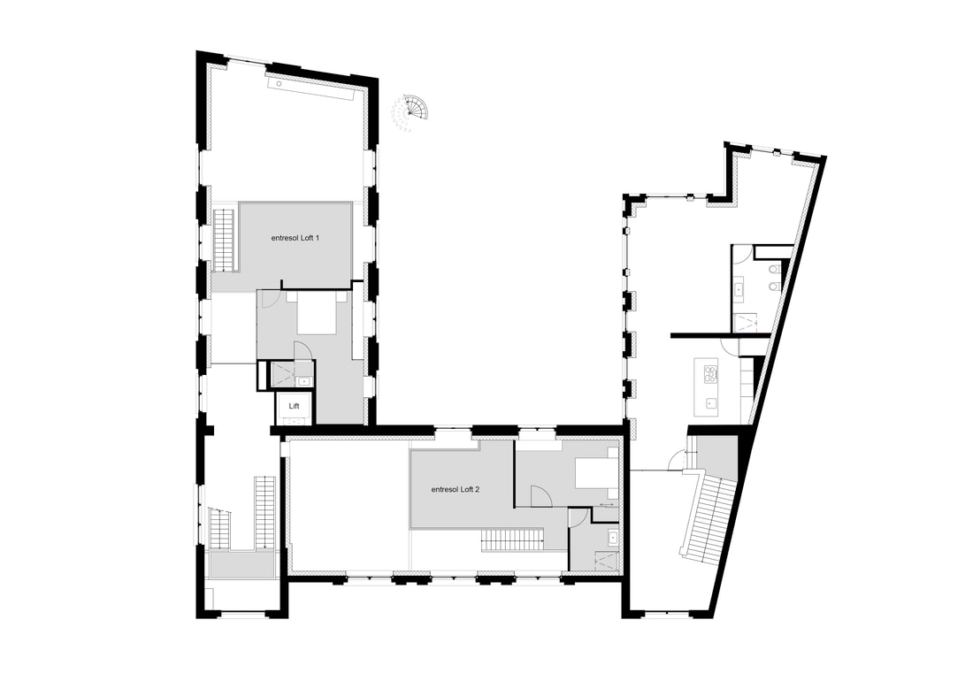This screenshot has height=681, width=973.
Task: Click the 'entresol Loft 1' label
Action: click(295, 238)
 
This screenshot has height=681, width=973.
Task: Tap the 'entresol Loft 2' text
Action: click(456, 489)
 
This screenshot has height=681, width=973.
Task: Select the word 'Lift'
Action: click(295, 406)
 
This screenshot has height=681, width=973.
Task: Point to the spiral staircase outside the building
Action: click(410, 113)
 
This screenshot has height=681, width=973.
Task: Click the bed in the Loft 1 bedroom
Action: click(317, 314)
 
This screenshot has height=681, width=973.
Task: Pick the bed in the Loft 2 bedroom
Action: click(596, 473)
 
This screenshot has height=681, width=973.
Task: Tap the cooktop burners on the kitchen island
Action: click(709, 372)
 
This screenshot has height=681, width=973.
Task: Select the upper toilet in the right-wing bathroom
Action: click(773, 270)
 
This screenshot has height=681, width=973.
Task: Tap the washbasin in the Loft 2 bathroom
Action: click(612, 537)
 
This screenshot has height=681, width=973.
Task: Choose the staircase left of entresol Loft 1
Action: click(224, 240)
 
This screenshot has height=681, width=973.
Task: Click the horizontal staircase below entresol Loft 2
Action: click(512, 540)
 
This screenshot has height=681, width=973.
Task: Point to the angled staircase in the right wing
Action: click(709, 516)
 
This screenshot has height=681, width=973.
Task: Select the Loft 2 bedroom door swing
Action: click(540, 496)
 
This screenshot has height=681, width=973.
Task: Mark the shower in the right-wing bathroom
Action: click(743, 323)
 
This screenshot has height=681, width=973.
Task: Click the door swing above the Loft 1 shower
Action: click(302, 351)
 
